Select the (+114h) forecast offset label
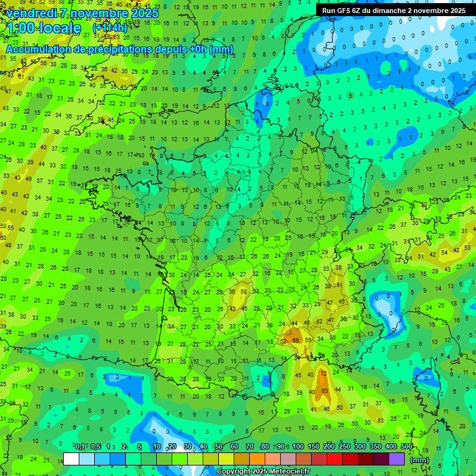point(110,28)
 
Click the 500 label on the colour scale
point(407,447)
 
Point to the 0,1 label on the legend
point(80,447)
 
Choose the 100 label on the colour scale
point(298,447)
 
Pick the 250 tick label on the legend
point(345,447)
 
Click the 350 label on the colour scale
point(376,447)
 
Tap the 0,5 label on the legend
point(95,447)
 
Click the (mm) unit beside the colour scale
point(420,460)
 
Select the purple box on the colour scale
point(397,459)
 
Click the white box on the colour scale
point(71,459)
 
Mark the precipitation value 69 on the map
point(296,340)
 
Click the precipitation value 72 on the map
point(322,374)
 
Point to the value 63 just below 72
point(325,390)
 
